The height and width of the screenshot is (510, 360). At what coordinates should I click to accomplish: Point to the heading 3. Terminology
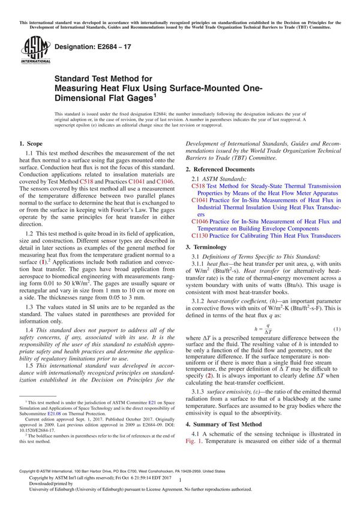[209, 247]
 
